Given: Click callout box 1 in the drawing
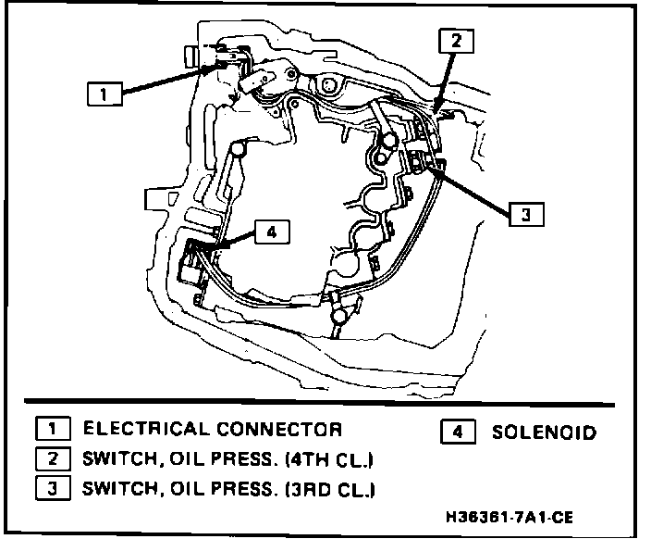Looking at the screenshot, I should click(104, 94).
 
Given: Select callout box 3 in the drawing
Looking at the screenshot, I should click(523, 214).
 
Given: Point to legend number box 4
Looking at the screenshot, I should click(460, 431).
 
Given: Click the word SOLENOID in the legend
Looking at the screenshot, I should click(544, 432).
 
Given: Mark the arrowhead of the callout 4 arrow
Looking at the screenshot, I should click(203, 247).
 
